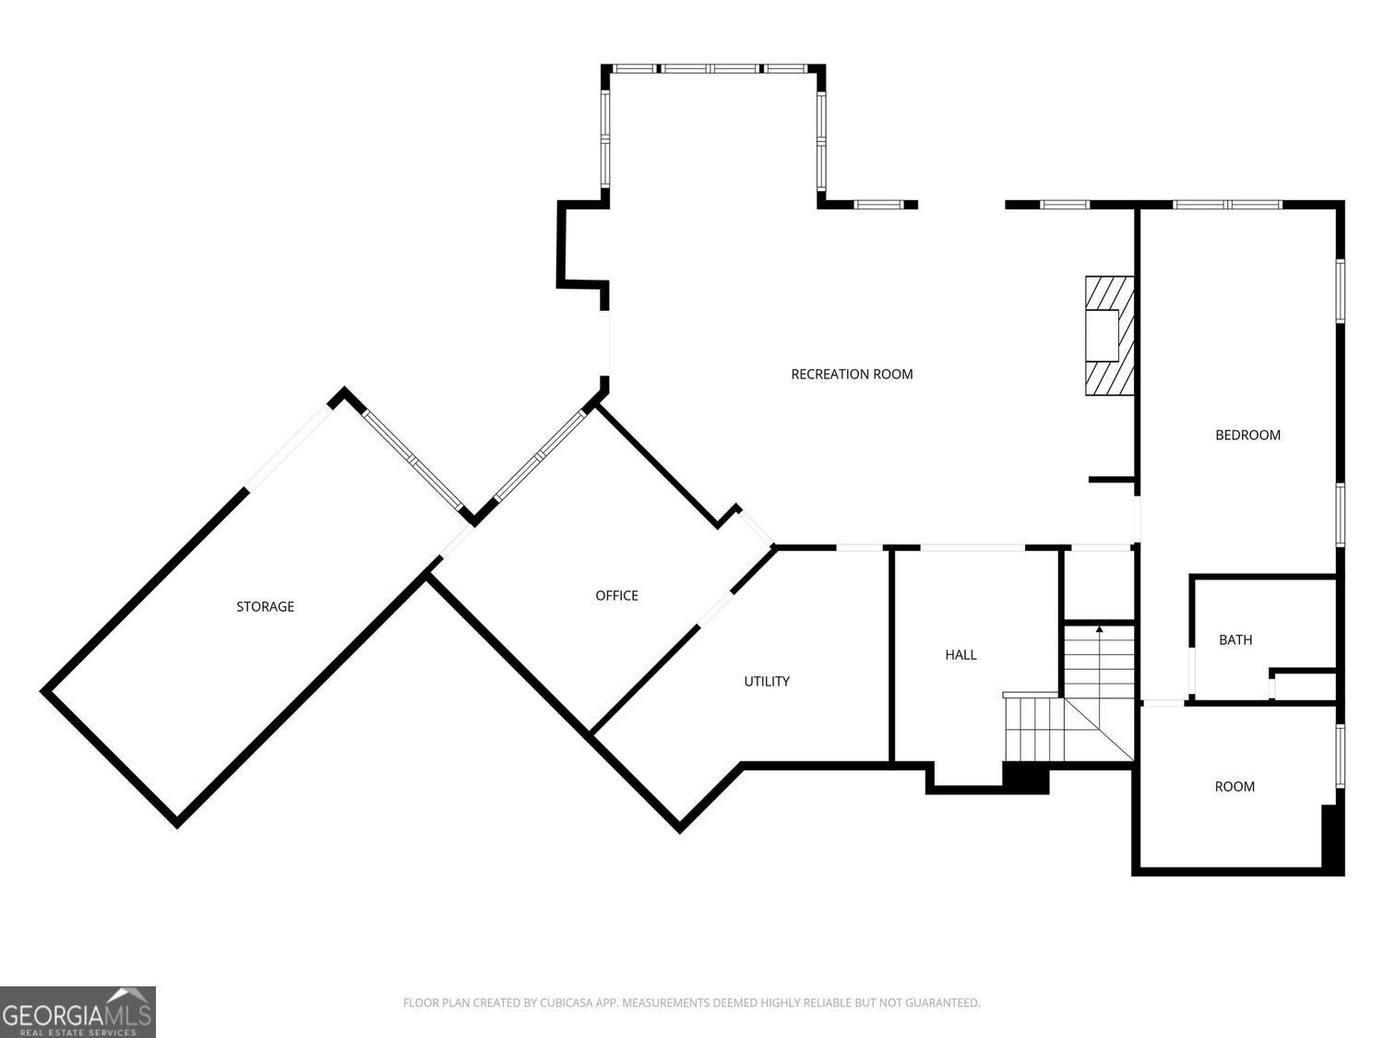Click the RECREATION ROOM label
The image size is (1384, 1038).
[852, 375]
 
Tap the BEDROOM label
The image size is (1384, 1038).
[1247, 435]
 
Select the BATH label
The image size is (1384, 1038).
[1235, 640]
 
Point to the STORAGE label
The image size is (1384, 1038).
[266, 607]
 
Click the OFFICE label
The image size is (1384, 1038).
[616, 595]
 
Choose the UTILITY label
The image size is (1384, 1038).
[767, 681]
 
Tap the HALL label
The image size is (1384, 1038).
[960, 655]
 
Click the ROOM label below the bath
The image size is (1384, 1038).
[1235, 786]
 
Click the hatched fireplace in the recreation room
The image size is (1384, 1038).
[1109, 336]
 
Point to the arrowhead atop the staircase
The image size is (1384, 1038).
[1100, 629]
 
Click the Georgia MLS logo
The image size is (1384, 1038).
[78, 1011]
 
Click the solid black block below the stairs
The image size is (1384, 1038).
[1026, 778]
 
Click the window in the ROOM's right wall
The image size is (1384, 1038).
[1340, 757]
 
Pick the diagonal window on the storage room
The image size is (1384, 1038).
[413, 460]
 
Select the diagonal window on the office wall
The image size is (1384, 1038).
[540, 455]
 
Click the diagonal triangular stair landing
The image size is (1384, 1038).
[1098, 729]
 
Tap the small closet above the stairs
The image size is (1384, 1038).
[1099, 586]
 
